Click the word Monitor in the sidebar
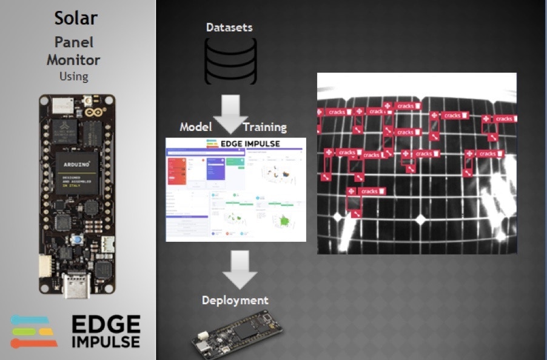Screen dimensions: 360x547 click(73, 60)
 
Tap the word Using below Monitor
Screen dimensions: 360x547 click(73, 76)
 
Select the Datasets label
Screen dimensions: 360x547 click(229, 27)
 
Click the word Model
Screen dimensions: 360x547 click(196, 127)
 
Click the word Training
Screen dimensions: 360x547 click(264, 127)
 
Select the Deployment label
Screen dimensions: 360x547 click(235, 300)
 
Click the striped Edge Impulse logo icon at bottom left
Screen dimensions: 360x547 click(34, 332)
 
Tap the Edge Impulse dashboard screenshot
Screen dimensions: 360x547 click(235, 194)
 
